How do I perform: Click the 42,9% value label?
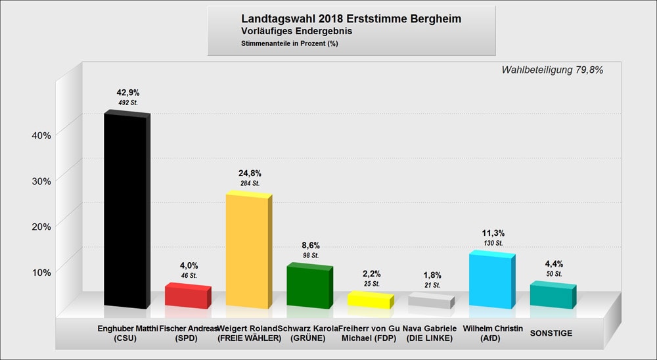pos(128,93)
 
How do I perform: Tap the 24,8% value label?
pos(250,173)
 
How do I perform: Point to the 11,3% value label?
pos(492,233)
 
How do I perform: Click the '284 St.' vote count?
pos(250,183)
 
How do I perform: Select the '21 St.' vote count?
pos(432,285)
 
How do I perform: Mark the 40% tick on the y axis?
pos(41,135)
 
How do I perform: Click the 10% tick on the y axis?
pos(41,272)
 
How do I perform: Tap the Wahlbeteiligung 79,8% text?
pos(552,70)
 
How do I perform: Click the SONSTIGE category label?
pos(551,334)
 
